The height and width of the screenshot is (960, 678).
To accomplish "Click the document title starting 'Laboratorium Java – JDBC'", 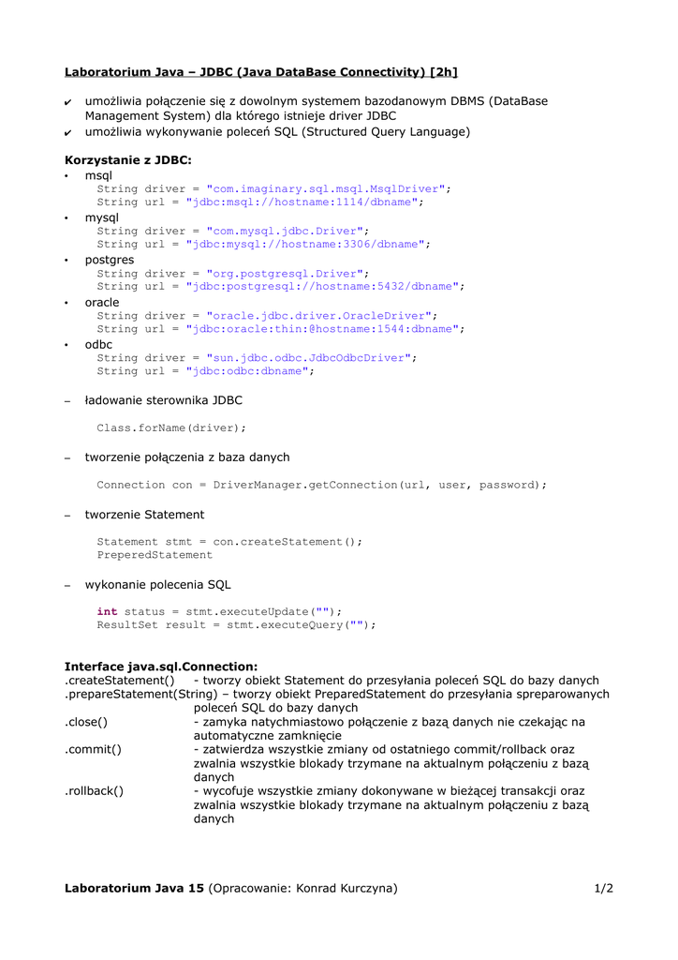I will (260, 72).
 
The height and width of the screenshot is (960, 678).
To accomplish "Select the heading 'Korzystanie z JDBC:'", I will (127, 160).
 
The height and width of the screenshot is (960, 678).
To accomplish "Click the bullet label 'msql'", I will (98, 175).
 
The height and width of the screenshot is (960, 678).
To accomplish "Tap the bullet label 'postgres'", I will (110, 260).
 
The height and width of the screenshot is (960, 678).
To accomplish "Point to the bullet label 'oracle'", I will (102, 303).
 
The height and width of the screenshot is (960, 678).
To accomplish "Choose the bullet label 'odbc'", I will (98, 345).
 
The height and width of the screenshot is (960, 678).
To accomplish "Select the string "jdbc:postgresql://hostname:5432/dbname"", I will (326, 287).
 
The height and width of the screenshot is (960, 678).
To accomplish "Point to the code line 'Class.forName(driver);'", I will (171, 428).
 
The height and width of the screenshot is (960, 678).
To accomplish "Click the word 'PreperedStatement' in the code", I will (155, 555).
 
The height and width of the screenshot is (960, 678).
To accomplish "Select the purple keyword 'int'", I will (107, 612).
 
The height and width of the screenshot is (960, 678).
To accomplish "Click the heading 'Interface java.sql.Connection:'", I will (161, 667).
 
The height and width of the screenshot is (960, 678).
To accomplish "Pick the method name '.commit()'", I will (93, 750).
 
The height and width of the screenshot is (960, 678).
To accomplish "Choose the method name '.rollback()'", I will (95, 791).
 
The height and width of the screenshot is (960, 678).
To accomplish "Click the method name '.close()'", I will (86, 722).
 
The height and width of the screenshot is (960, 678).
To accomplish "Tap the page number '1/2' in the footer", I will (603, 889).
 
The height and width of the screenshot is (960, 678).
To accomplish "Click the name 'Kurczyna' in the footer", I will (367, 889).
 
